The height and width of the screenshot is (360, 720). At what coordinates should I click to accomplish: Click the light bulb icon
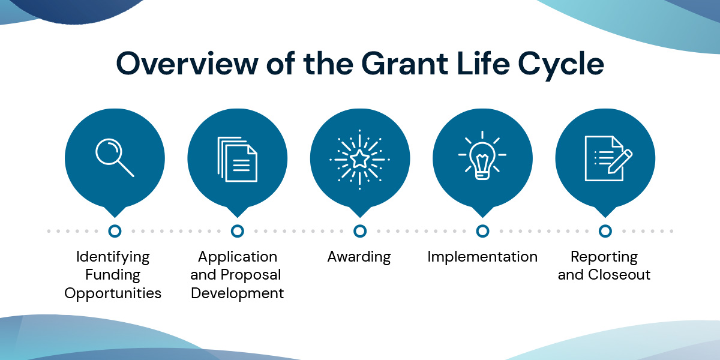click(482, 157)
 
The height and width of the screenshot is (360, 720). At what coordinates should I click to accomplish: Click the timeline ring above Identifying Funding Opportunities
click(115, 231)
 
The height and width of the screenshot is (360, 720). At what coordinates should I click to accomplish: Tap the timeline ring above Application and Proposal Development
click(238, 231)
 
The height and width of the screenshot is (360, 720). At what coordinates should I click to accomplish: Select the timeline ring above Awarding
click(360, 231)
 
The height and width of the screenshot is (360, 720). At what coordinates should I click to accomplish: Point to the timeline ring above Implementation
click(482, 231)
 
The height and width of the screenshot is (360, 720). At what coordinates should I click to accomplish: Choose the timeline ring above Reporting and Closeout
click(605, 231)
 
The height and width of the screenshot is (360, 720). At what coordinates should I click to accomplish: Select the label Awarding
click(359, 257)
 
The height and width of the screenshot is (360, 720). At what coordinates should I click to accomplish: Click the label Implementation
click(482, 257)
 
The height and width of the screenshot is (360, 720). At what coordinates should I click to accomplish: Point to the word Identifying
click(113, 257)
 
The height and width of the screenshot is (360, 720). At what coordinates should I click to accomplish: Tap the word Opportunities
click(113, 293)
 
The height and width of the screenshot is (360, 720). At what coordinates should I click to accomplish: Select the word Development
click(237, 293)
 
